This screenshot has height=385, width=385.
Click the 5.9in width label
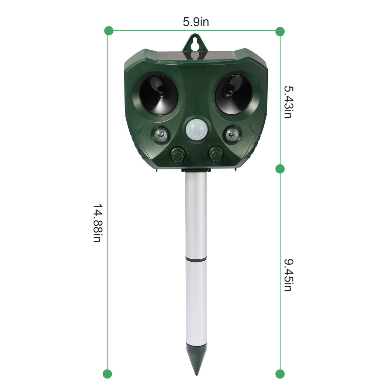point(196,22)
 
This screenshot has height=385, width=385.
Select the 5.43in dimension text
point(288,102)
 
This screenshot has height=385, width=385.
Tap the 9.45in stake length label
point(288,275)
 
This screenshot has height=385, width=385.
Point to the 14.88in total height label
point(97,223)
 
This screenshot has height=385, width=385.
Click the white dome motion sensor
point(196,131)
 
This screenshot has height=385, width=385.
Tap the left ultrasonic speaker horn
point(159,94)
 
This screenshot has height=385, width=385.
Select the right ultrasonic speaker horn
point(233,94)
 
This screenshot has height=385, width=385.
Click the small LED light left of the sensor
point(161,134)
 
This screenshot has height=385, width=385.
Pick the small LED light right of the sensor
point(232,134)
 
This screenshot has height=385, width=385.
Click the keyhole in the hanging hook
point(196,42)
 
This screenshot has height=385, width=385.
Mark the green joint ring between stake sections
point(196,259)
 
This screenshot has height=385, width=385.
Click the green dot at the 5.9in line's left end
point(109,31)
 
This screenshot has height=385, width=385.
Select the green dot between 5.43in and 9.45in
point(280,169)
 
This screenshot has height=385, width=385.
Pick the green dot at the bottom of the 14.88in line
point(108,374)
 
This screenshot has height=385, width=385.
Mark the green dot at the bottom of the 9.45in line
point(280,374)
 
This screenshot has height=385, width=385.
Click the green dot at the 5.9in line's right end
point(280,31)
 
